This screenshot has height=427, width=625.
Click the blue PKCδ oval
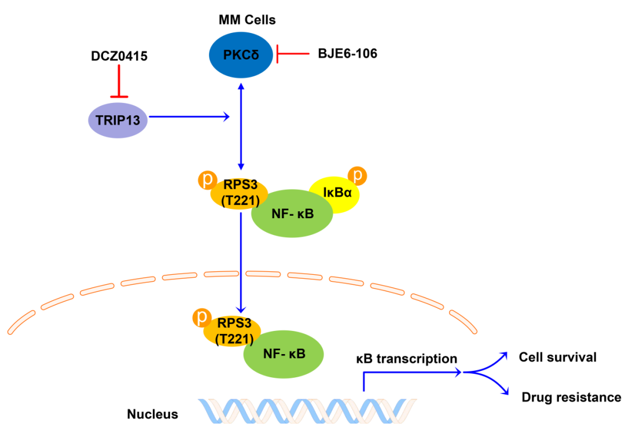[x=241, y=55]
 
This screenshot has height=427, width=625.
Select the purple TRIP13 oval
[x=117, y=120]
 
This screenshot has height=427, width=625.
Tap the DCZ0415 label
[x=119, y=56]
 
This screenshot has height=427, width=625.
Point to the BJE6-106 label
[x=348, y=53]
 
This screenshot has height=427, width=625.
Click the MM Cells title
[x=247, y=20]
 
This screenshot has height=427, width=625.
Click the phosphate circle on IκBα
[x=357, y=176]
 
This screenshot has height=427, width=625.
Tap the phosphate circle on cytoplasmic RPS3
[x=208, y=180]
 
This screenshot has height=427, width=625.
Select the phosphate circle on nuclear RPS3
[x=202, y=318]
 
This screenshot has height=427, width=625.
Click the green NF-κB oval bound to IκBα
[x=292, y=213]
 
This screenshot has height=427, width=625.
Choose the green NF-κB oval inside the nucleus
[x=284, y=354]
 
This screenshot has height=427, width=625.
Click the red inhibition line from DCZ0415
[x=119, y=81]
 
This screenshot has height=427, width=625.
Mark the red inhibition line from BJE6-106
[x=293, y=53]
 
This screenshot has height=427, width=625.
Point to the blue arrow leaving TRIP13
[x=189, y=117]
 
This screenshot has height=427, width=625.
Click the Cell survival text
[x=558, y=357]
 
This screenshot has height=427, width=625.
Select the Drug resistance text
[x=571, y=397]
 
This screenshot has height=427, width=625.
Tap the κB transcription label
[x=407, y=359]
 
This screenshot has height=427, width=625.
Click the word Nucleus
[x=153, y=414]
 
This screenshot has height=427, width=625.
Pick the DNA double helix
[x=307, y=411]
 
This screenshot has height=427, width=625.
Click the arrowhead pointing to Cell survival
[x=504, y=355]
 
